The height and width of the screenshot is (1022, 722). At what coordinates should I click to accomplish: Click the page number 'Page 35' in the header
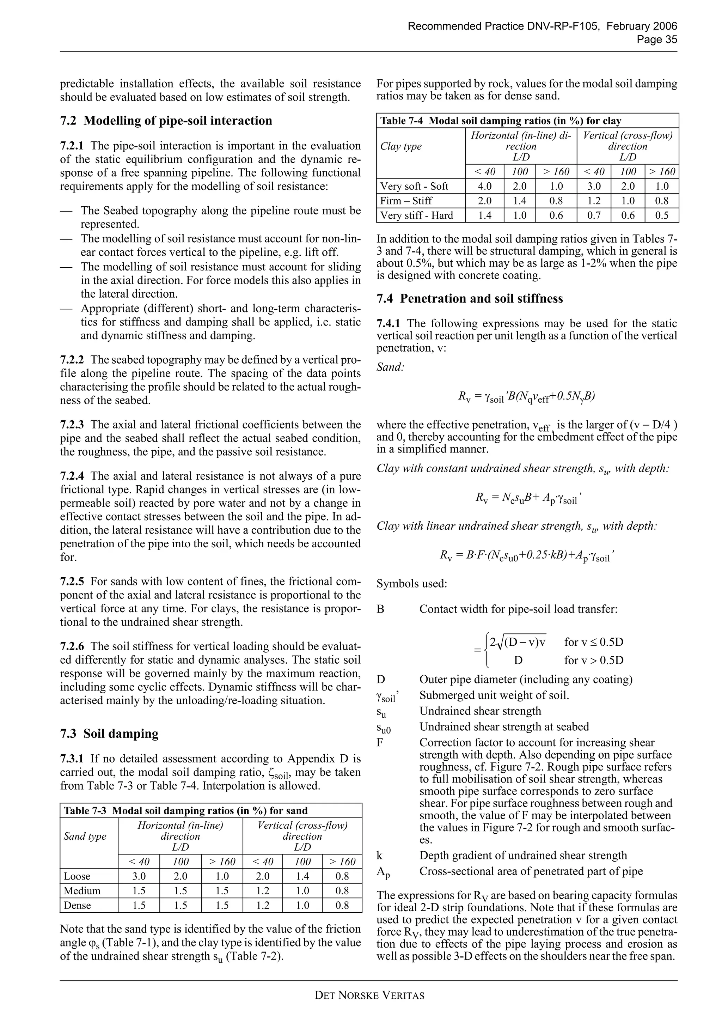[657, 39]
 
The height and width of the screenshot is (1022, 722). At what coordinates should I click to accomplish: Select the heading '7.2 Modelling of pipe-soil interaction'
[166, 121]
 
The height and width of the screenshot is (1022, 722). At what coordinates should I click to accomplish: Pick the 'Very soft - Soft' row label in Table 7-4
[414, 186]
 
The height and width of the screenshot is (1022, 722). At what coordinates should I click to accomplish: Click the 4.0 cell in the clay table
[484, 186]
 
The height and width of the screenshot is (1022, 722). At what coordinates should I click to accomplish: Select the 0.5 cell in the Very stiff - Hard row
[662, 215]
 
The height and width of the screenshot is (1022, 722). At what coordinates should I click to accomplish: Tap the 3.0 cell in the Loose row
[139, 876]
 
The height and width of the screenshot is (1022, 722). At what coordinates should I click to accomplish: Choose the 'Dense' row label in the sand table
[77, 905]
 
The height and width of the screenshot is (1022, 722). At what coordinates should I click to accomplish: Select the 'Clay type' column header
[401, 146]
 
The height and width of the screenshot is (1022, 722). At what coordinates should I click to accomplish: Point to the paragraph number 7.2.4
[73, 476]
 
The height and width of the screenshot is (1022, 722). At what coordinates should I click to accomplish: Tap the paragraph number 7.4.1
[390, 324]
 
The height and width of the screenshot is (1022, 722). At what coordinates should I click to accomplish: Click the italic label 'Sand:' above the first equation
[390, 367]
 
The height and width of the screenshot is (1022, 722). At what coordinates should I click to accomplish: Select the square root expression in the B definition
[518, 642]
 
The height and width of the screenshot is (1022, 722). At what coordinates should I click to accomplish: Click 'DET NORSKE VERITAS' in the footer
[369, 995]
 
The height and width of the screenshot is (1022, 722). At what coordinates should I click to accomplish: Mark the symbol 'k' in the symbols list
[379, 855]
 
